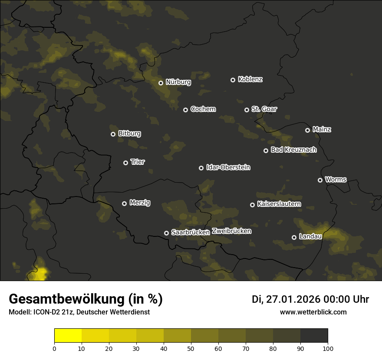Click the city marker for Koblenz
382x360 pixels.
(x=233, y=80)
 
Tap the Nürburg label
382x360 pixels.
(x=178, y=82)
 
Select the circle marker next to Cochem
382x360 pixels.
(x=185, y=110)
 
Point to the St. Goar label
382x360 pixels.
(x=264, y=109)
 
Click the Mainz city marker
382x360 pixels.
(x=307, y=130)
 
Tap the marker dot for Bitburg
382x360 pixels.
(x=113, y=134)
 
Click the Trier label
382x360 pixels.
(x=138, y=162)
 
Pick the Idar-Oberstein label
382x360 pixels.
(x=228, y=167)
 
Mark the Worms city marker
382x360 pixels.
(x=320, y=180)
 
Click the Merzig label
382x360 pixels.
(x=139, y=203)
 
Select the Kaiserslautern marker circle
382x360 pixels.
(x=252, y=205)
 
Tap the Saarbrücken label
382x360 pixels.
(x=190, y=232)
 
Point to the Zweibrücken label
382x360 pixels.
(x=231, y=231)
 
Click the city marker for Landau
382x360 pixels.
(x=294, y=237)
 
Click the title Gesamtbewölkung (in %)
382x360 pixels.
(x=86, y=299)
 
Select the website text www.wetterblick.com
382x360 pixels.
(x=313, y=312)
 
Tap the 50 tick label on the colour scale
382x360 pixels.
(x=191, y=348)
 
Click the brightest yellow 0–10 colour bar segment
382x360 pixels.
(x=68, y=336)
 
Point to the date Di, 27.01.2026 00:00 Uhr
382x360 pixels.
(x=310, y=299)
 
